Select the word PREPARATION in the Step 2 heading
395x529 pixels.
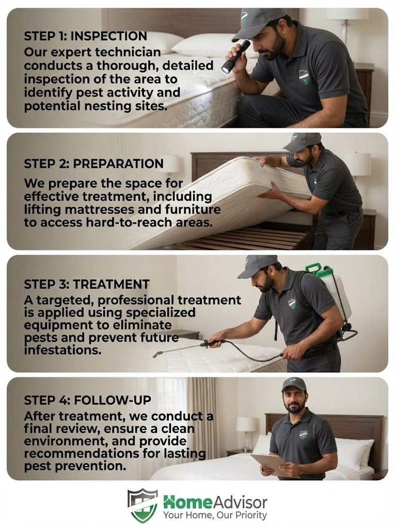(118, 164)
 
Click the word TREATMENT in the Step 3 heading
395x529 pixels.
(112, 284)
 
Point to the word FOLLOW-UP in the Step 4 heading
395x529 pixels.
(113, 400)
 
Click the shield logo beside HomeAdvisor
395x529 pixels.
(143, 505)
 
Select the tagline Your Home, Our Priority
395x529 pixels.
(215, 516)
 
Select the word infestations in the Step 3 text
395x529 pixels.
(63, 350)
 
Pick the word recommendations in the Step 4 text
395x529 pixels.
(81, 454)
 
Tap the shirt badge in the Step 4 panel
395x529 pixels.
(304, 435)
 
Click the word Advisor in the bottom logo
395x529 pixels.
(240, 503)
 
